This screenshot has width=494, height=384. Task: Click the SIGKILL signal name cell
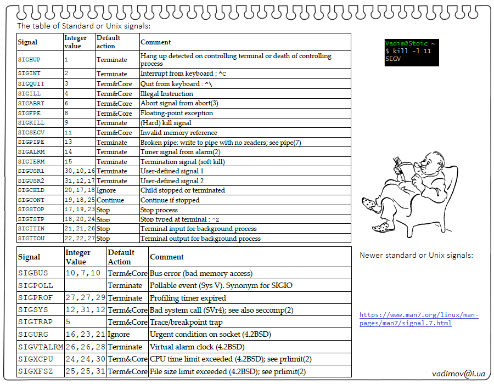pyautogui.click(x=31, y=123)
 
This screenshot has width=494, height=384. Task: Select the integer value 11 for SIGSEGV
pyautogui.click(x=68, y=133)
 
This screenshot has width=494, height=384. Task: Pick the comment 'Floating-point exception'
pyautogui.click(x=177, y=113)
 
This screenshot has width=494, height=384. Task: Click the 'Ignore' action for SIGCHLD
pyautogui.click(x=106, y=190)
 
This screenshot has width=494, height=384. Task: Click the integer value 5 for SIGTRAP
pyautogui.click(x=68, y=322)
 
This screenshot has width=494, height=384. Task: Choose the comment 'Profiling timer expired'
pyautogui.click(x=188, y=298)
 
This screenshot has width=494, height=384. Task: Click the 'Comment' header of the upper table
pyautogui.click(x=155, y=42)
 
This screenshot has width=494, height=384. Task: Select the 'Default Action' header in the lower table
pyautogui.click(x=121, y=257)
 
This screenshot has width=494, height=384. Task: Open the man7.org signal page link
pyautogui.click(x=419, y=319)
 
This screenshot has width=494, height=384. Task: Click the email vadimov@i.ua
pyautogui.click(x=458, y=373)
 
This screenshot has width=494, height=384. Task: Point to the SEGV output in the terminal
pyautogui.click(x=393, y=58)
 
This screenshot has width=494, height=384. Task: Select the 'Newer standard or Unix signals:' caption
pyautogui.click(x=416, y=255)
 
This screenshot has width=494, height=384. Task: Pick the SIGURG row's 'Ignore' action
pyautogui.click(x=119, y=334)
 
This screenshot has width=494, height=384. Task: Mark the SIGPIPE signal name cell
pyautogui.click(x=31, y=143)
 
